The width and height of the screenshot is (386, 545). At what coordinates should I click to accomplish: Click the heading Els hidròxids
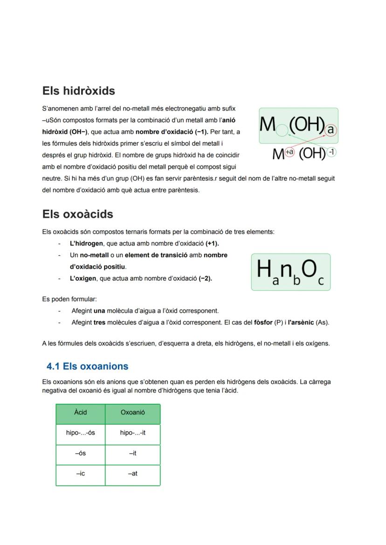(x=78, y=91)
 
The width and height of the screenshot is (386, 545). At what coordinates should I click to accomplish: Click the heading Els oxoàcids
(x=77, y=214)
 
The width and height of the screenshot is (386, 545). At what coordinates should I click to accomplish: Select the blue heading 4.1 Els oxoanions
(x=87, y=366)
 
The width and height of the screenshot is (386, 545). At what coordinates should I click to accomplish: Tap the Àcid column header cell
(x=81, y=413)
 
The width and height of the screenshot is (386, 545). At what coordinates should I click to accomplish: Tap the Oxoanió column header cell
(x=133, y=413)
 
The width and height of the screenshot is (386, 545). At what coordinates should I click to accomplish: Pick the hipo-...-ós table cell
(x=81, y=433)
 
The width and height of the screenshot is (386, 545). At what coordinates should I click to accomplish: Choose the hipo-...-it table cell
(x=133, y=433)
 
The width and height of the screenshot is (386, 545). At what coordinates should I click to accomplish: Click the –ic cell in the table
(x=81, y=474)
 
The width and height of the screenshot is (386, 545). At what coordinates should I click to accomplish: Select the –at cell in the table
(x=133, y=474)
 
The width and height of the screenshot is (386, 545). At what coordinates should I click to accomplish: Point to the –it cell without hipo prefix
(x=133, y=453)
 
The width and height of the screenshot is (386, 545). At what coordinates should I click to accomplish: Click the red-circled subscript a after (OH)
(x=331, y=130)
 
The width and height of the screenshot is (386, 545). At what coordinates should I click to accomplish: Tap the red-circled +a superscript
(x=289, y=152)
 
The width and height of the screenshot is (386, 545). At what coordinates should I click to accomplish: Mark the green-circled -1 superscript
(x=331, y=152)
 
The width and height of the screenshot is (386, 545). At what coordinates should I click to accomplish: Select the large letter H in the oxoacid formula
(x=264, y=269)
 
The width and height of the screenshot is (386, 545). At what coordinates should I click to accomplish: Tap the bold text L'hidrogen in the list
(x=87, y=243)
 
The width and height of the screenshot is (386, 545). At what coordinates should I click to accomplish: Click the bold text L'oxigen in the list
(x=83, y=278)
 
